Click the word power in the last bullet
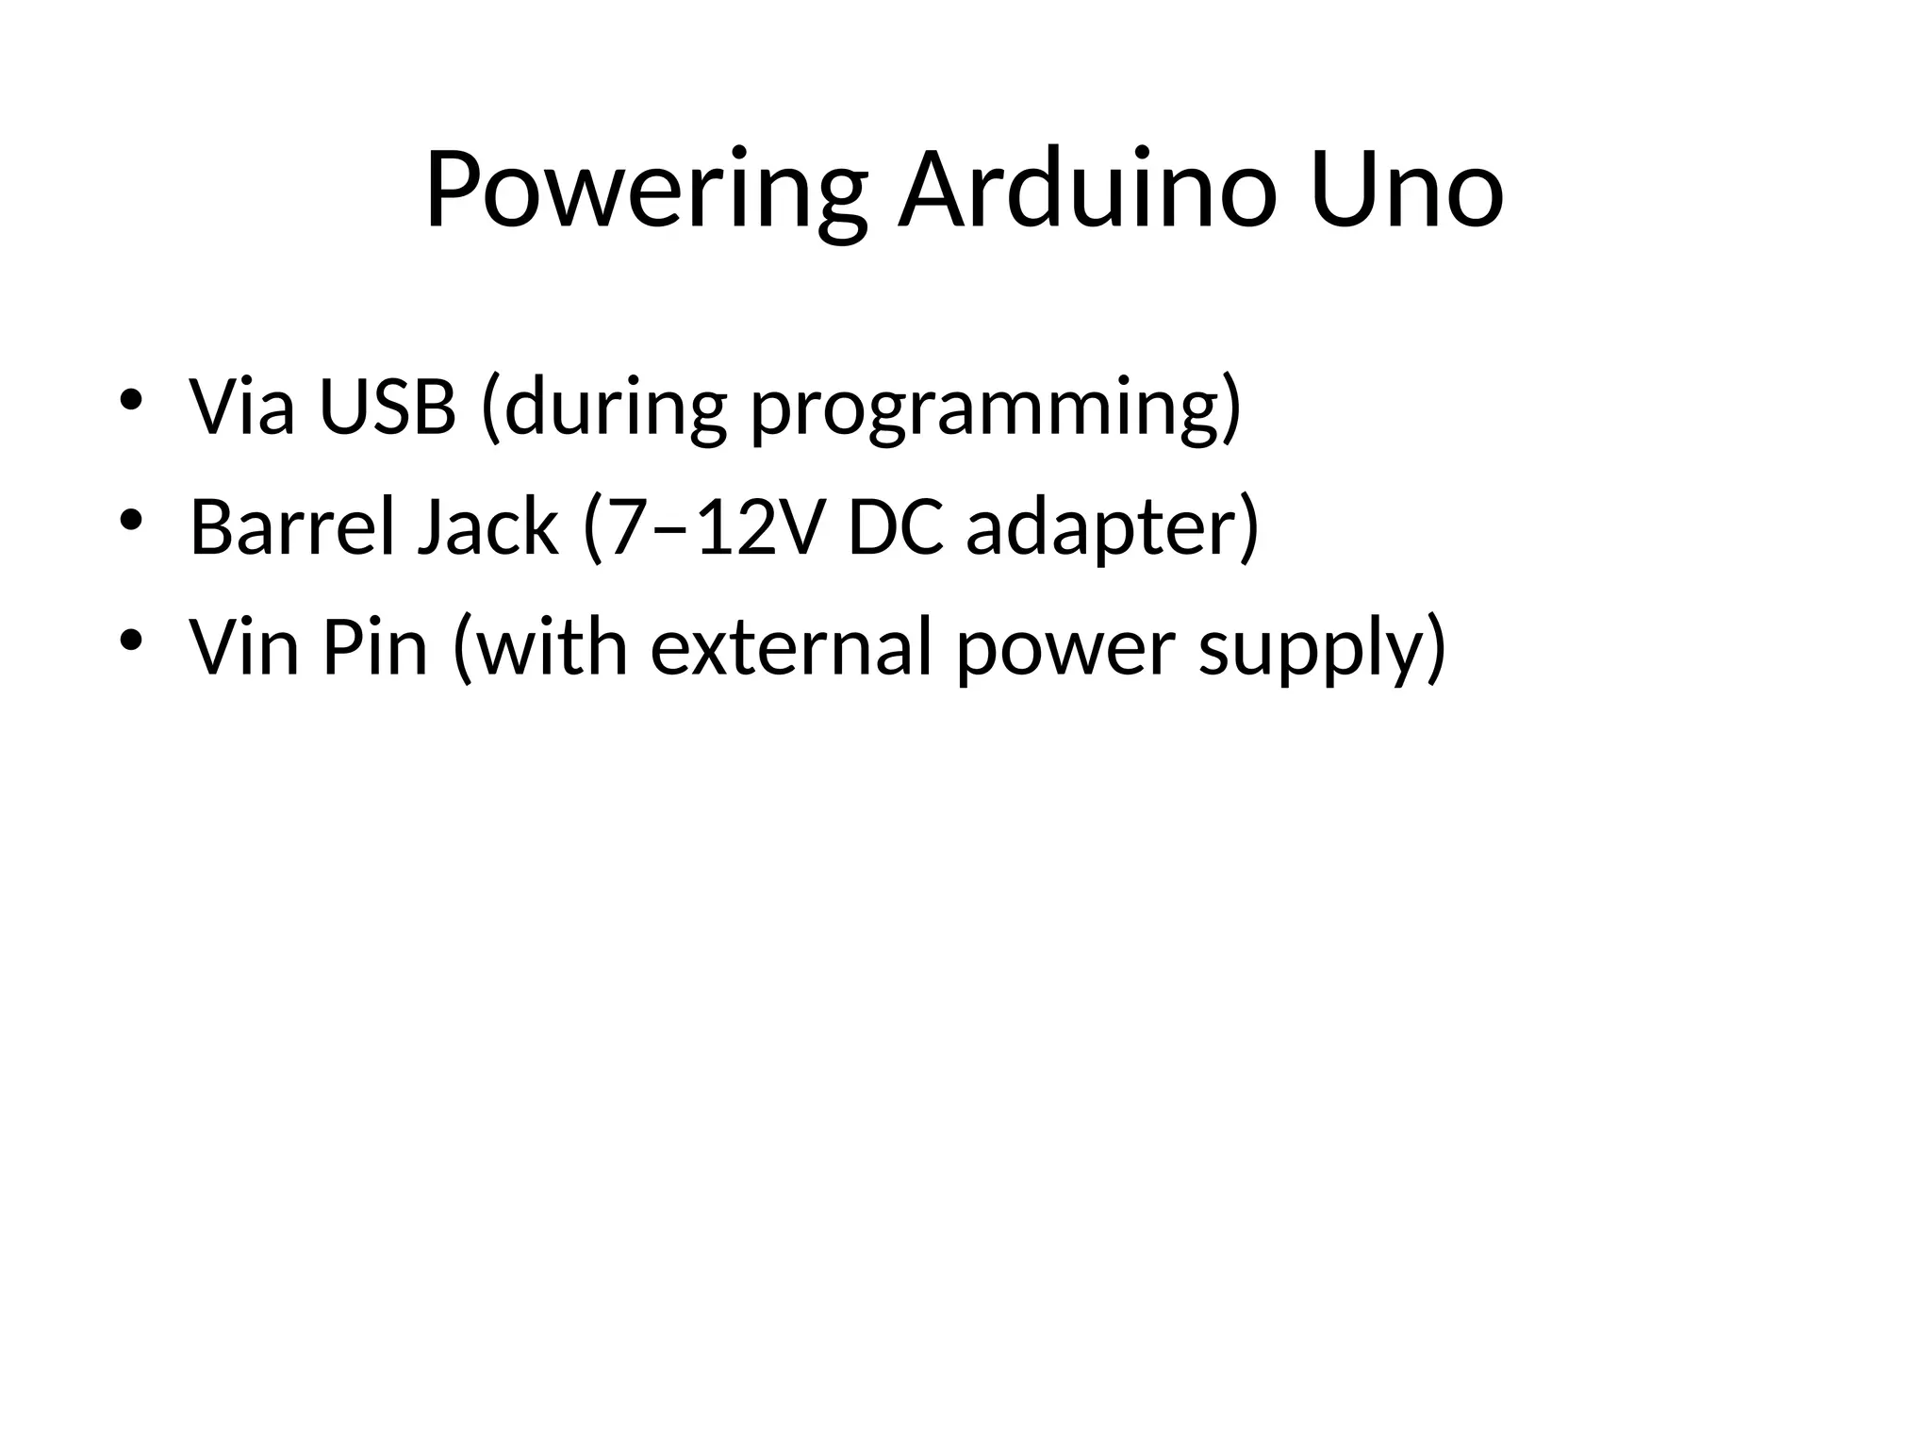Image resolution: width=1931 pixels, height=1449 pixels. coord(1065,653)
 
